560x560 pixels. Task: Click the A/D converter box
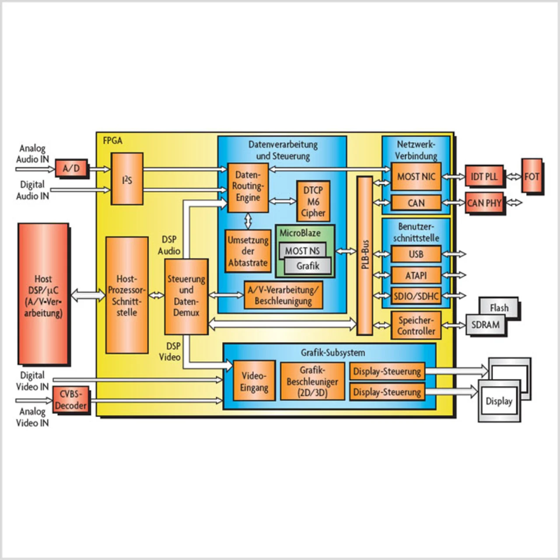(x=71, y=168)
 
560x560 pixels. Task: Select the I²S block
(x=127, y=179)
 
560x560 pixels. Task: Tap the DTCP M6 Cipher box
(x=313, y=201)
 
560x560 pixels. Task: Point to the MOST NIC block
(x=416, y=176)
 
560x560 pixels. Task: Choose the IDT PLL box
(x=484, y=176)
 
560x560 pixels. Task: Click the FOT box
(x=532, y=176)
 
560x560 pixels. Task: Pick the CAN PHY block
(x=484, y=203)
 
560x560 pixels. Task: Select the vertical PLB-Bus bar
(x=365, y=255)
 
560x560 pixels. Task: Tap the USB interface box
(x=416, y=254)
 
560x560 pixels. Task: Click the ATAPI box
(x=416, y=275)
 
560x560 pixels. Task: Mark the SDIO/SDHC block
(x=416, y=296)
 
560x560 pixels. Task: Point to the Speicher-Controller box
(x=416, y=325)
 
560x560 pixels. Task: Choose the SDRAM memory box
(x=485, y=324)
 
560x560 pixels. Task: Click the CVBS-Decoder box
(x=70, y=399)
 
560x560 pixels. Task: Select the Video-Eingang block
(x=254, y=381)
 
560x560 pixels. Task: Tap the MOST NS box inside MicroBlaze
(x=302, y=251)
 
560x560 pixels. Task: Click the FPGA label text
(x=113, y=141)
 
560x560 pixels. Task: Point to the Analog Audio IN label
(x=32, y=154)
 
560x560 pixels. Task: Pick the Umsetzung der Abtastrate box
(x=248, y=251)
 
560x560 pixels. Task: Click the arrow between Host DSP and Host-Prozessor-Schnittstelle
(x=88, y=295)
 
